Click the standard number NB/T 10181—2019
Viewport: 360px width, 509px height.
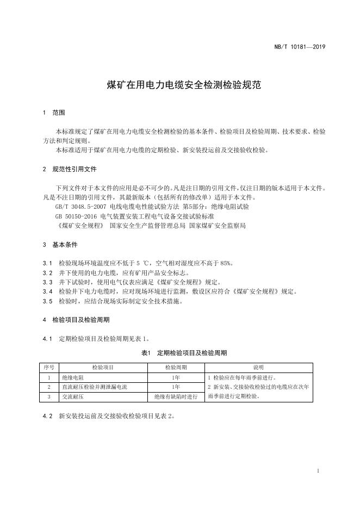(x=299, y=48)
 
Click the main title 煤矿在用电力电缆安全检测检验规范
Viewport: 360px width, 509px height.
(x=179, y=85)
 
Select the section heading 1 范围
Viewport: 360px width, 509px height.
(x=54, y=113)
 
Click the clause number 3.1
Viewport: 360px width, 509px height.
(x=47, y=263)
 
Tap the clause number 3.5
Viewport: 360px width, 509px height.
(x=47, y=301)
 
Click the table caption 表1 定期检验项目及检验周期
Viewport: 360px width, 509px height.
(x=179, y=353)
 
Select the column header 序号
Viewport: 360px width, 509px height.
(x=49, y=367)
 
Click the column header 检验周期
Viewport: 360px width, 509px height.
(x=176, y=367)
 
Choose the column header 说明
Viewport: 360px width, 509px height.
(x=258, y=367)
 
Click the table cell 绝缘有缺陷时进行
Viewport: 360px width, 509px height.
(x=176, y=397)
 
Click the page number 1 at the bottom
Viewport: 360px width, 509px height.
(x=318, y=470)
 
